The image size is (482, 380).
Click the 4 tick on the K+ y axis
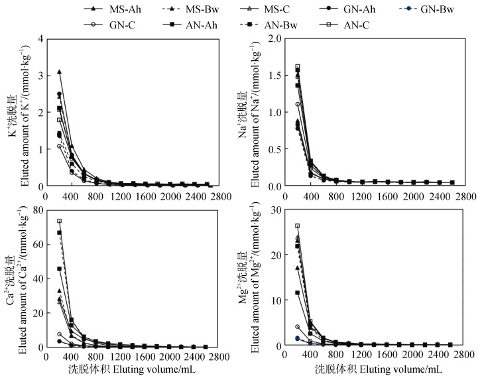[x=40, y=38]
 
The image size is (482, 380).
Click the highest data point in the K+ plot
[x=59, y=72]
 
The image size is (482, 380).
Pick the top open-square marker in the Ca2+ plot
[x=59, y=221]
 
